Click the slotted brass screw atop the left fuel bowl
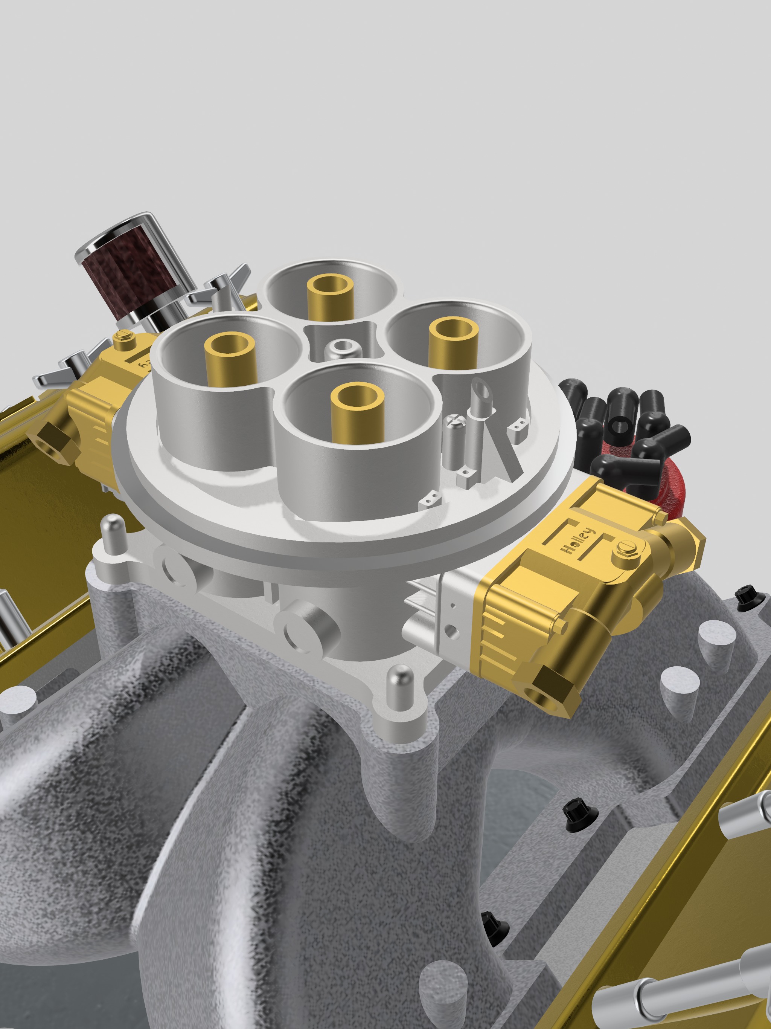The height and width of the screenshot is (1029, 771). pos(124,338)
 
